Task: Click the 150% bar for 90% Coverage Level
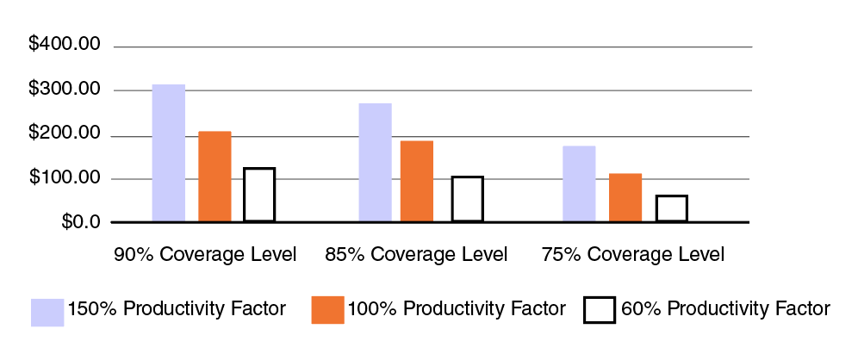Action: [169, 153]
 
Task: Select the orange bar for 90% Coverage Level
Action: [214, 177]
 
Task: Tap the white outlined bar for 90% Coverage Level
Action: [259, 195]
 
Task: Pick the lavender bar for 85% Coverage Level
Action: [376, 163]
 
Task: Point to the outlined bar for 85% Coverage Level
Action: [468, 199]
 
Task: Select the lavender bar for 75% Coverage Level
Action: [579, 183]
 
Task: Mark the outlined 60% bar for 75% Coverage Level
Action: [672, 208]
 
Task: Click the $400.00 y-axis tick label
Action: [65, 45]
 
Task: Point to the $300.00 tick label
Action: [65, 90]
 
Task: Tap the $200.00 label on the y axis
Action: [65, 135]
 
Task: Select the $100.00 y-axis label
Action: [65, 179]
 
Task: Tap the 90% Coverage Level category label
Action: [205, 255]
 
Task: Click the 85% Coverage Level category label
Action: [416, 255]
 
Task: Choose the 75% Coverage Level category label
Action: [633, 255]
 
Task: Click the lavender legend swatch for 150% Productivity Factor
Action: [47, 311]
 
